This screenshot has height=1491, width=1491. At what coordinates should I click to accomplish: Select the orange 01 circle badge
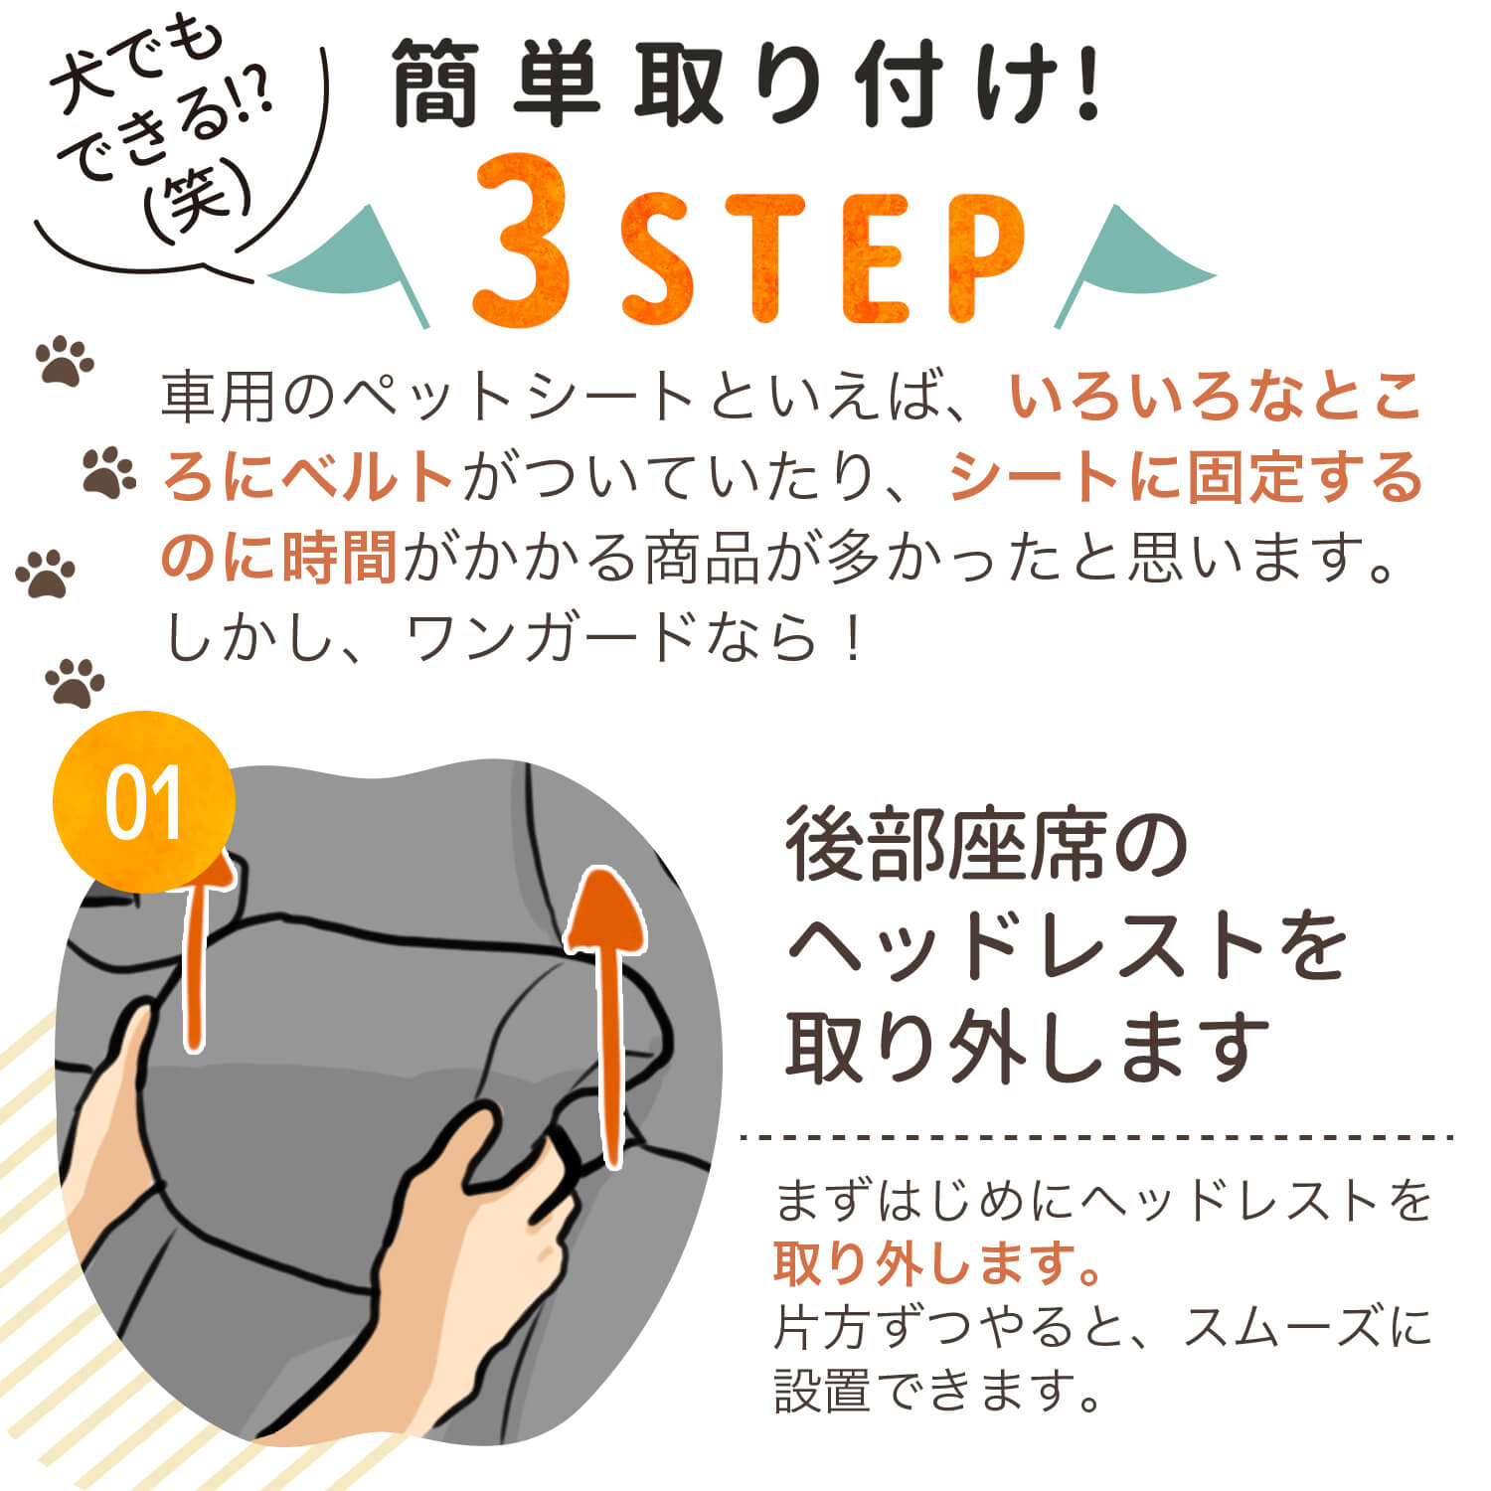tap(143, 801)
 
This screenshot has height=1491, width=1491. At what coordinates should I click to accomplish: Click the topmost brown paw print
tap(65, 361)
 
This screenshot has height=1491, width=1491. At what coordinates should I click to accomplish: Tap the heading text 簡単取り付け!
tap(745, 84)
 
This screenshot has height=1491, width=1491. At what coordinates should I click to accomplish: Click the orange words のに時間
tap(278, 558)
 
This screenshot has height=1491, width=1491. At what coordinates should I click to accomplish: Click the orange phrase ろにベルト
tap(308, 477)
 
